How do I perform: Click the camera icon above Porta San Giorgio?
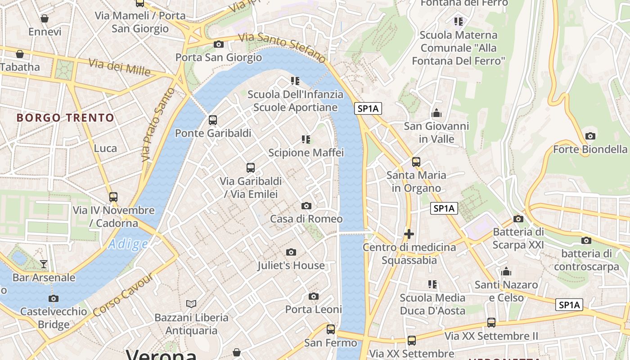218,44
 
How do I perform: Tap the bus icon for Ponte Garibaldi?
213,120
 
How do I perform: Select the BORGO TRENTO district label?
66,118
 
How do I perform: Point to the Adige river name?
128,244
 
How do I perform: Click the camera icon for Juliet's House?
291,252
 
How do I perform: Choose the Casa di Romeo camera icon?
306,206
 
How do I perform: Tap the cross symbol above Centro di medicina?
409,234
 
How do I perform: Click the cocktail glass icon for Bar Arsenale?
44,264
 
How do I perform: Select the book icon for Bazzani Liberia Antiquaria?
191,304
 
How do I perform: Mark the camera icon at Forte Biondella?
590,136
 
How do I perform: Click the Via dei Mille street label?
120,67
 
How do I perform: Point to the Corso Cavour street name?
123,294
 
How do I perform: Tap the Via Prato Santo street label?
157,125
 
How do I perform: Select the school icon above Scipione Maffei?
306,139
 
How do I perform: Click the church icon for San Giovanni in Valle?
436,113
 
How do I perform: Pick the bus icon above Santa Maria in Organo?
416,162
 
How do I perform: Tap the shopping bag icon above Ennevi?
45,18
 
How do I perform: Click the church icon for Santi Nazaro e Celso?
506,272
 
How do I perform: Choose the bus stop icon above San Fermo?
331,329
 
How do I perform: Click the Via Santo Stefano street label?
282,48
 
